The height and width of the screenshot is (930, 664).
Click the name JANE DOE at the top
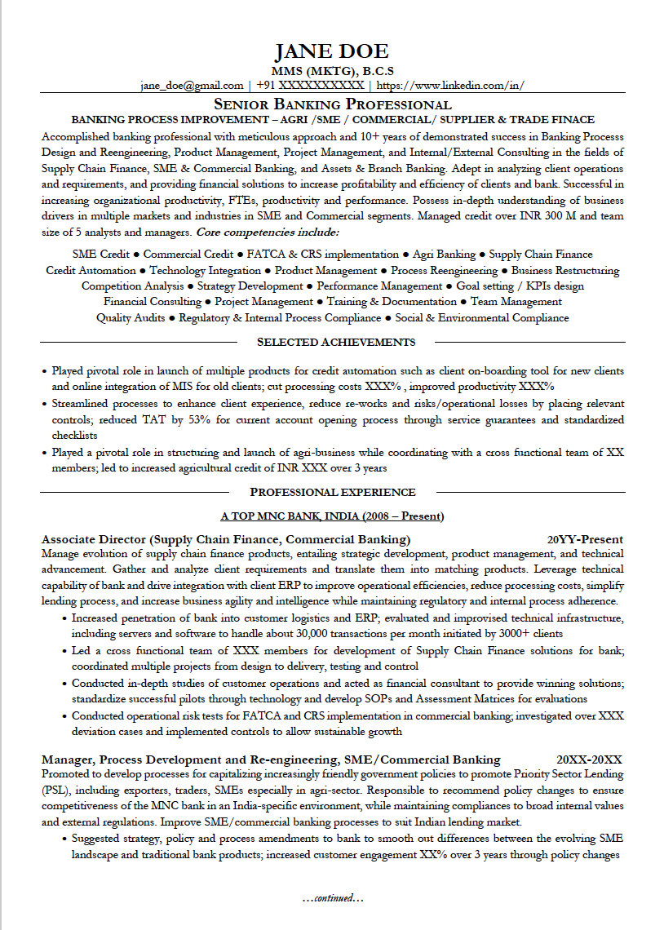click(331, 51)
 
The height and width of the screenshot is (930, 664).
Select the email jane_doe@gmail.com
click(192, 85)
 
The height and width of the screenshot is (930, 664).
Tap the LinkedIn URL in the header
click(450, 85)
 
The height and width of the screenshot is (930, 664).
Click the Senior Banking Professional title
click(332, 104)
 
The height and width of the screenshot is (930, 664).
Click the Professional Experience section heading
click(333, 492)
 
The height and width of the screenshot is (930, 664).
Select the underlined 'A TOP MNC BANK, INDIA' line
click(332, 516)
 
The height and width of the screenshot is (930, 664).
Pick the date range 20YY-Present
click(585, 539)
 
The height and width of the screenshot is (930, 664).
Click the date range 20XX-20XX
click(589, 759)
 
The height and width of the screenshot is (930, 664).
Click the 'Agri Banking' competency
click(444, 255)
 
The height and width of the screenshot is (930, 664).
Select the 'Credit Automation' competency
click(91, 270)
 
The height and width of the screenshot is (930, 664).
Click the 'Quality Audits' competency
click(131, 318)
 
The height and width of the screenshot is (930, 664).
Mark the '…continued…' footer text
click(332, 898)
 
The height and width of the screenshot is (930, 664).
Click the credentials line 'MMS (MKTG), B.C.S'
click(332, 70)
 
